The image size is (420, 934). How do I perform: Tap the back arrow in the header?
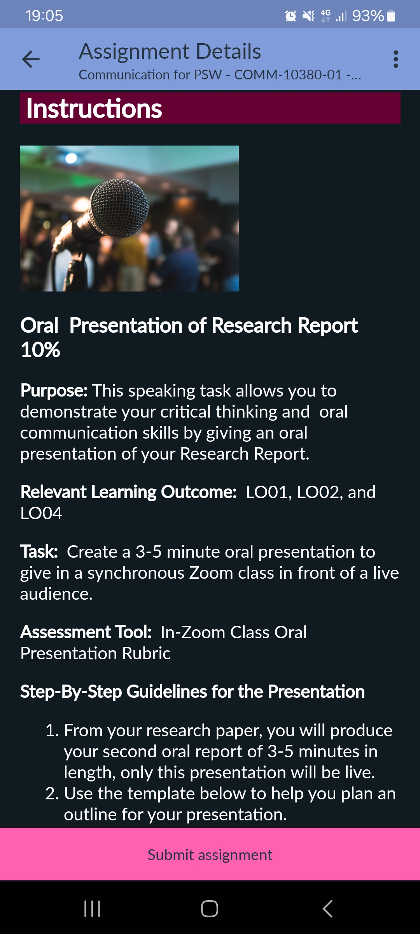coord(31,59)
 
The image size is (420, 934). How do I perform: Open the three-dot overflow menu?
coord(395,59)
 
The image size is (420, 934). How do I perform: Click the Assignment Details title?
coord(170,51)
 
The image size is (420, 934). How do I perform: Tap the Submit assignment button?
coord(210,855)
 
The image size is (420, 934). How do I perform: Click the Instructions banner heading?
coord(94,108)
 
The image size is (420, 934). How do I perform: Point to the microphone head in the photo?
coord(119,207)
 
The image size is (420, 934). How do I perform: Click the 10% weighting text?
coord(40,349)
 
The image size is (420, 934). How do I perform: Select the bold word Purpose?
coord(54,390)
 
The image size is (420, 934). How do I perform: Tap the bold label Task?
coord(39,551)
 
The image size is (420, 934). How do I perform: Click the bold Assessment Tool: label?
coord(86,632)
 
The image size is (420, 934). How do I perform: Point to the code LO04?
coord(41,513)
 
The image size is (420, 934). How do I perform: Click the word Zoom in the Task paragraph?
coord(211,572)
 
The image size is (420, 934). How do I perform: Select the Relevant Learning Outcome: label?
coord(128,492)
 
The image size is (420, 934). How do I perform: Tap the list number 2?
coord(52,793)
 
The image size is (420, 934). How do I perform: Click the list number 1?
coord(52,730)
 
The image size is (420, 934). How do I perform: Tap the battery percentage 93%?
coord(368,16)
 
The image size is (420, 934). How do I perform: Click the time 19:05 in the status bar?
coord(44,16)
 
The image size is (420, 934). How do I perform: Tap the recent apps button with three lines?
coord(92,909)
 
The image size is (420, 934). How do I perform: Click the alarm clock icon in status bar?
coord(290,16)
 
